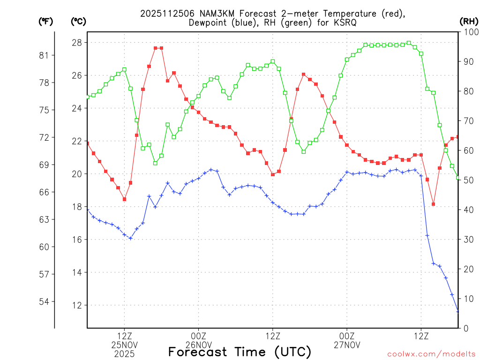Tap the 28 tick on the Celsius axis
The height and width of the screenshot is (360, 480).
[76, 43]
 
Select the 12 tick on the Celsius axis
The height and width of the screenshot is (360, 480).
[76, 305]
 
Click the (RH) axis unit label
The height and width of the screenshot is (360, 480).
[469, 21]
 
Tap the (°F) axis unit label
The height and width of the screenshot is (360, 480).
[45, 21]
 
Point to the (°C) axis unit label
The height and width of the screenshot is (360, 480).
[78, 21]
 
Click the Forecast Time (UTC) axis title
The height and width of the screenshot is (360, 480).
[240, 352]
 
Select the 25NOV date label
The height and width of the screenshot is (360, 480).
[124, 345]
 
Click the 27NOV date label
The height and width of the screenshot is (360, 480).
[347, 345]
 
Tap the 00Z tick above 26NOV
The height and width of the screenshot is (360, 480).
[198, 336]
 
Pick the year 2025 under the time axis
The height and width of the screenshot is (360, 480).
[124, 354]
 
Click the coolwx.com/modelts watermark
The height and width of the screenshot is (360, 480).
[431, 354]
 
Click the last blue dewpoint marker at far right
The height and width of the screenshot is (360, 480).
[458, 311]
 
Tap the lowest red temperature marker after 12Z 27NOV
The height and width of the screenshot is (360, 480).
[434, 204]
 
